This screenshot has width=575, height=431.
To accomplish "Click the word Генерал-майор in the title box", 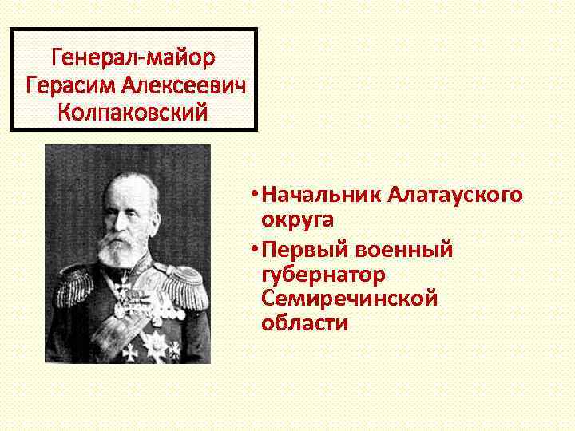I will coord(133,57).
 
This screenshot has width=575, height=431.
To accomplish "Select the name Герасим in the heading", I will coord(71,84).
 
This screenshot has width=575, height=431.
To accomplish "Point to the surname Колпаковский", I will coord(133,110).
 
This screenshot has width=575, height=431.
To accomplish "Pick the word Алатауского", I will coord(455,195).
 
